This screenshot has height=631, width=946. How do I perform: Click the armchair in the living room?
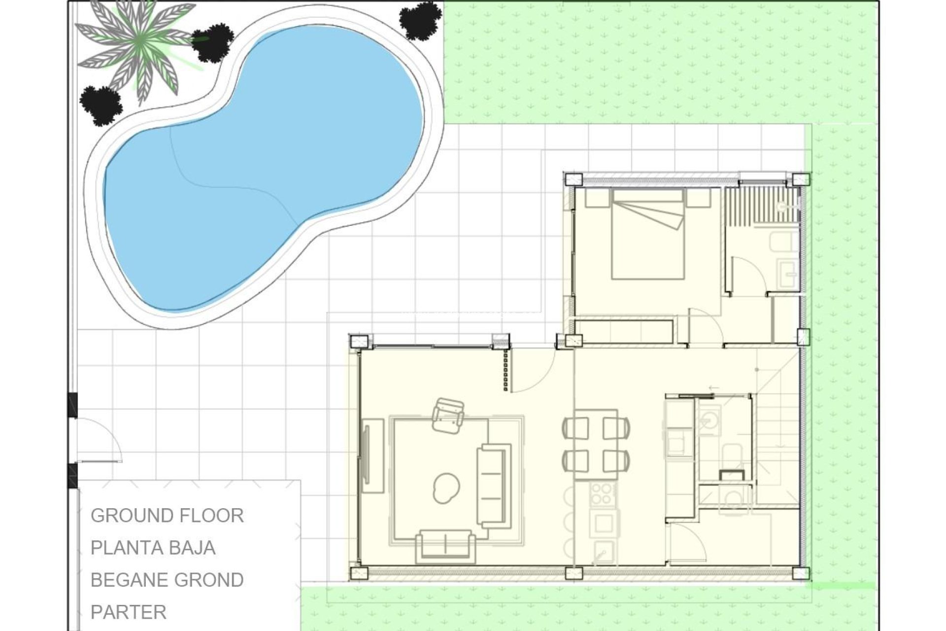[448, 416]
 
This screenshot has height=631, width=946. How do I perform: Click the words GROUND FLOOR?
[167, 516]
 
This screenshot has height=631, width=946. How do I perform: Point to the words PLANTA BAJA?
[153, 548]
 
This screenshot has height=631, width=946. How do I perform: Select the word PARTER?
[129, 612]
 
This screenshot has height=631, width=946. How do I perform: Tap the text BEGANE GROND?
[167, 580]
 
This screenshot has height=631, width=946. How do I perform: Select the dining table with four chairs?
[596, 444]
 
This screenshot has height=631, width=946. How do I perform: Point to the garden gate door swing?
[99, 439]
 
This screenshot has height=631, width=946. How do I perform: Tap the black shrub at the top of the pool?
[420, 20]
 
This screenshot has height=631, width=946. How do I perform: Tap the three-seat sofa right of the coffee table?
[494, 486]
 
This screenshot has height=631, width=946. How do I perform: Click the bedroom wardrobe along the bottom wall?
[624, 331]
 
